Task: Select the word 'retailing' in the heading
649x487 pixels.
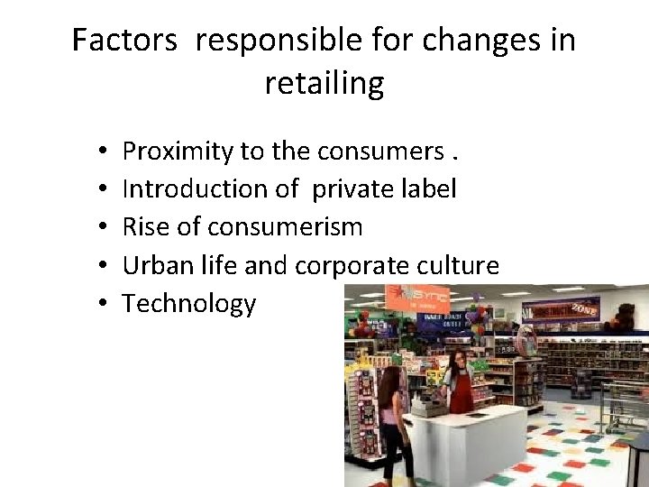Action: [x=324, y=83]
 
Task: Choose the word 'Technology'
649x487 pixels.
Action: [x=189, y=304]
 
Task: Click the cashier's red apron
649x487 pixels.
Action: [x=462, y=388]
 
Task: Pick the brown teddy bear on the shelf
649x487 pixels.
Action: [x=623, y=316]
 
